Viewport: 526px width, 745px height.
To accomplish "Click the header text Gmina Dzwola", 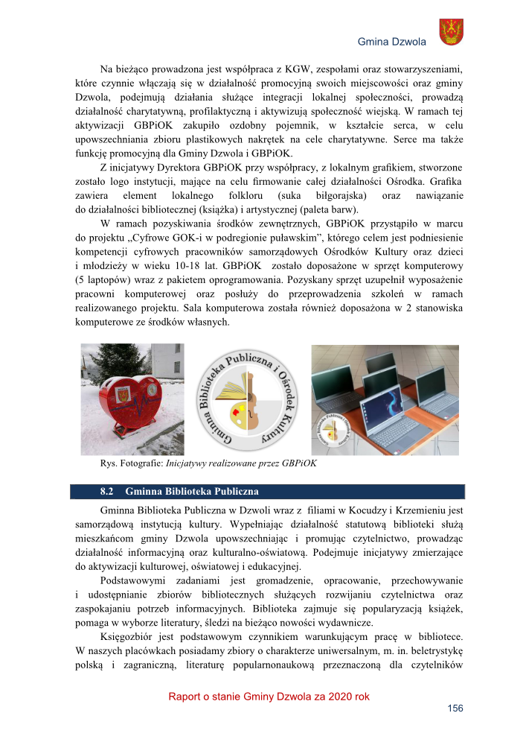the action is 391,42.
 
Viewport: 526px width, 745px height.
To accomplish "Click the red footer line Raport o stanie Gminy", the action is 269,697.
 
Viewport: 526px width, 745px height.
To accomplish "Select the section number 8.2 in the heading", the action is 106,492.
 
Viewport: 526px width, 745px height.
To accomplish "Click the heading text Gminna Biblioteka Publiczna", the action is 192,492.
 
